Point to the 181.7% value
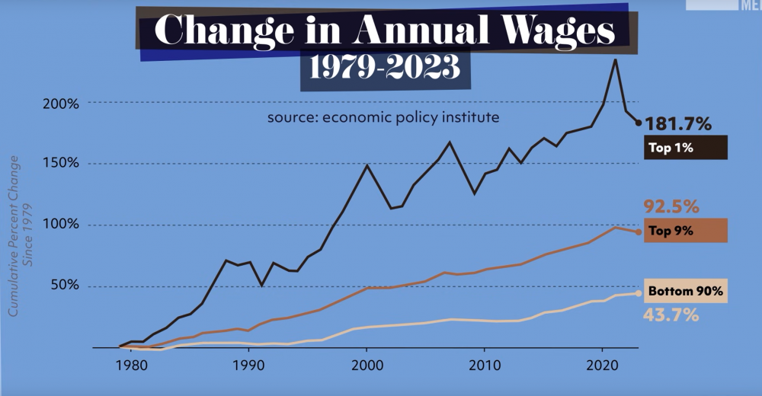(x=678, y=123)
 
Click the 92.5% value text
(x=672, y=206)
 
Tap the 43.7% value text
(x=672, y=314)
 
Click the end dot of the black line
(x=639, y=123)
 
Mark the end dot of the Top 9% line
(x=639, y=231)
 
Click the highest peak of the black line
(x=615, y=59)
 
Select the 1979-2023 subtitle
(x=385, y=69)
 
